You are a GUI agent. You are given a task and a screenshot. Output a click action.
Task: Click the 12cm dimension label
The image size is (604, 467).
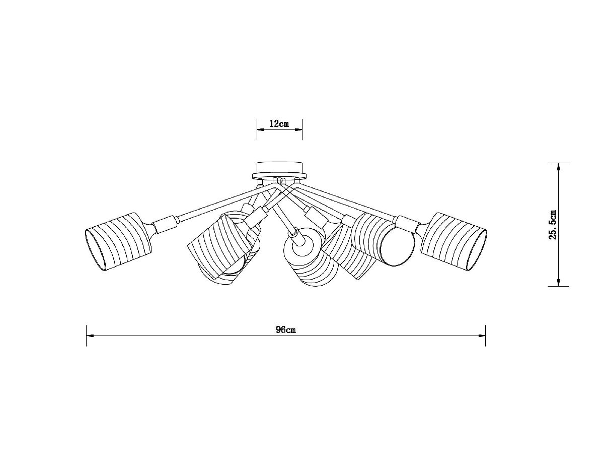tap(279, 124)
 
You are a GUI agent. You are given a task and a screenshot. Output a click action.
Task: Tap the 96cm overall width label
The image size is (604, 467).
tap(285, 330)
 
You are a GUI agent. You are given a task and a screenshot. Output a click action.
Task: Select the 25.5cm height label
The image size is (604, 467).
tap(553, 224)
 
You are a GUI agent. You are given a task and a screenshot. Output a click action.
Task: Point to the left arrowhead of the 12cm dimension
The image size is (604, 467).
tap(260, 130)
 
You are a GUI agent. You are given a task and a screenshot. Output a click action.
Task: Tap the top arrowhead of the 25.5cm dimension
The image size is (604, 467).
tap(558, 167)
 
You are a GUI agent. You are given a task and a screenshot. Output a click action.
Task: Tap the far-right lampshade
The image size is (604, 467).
tap(453, 241)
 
